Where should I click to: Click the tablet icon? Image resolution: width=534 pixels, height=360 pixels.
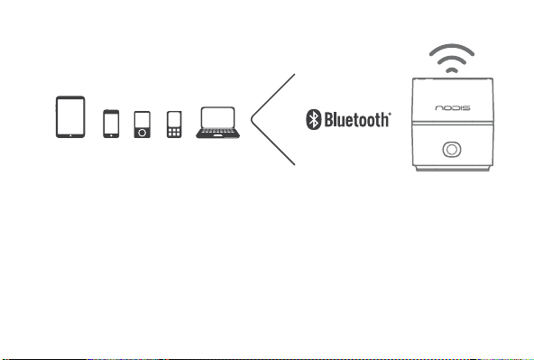point(70,116)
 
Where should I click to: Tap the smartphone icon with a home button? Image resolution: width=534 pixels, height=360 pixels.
point(111,124)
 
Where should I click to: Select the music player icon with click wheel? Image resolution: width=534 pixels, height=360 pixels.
point(142,125)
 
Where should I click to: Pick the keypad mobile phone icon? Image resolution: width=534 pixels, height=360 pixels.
point(174,125)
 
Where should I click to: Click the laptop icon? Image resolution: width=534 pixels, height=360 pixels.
point(218,123)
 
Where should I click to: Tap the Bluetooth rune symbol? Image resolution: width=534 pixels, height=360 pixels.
point(313,119)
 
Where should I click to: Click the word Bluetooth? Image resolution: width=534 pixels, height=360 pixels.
point(356,119)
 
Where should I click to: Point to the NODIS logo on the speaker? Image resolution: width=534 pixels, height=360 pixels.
point(453,108)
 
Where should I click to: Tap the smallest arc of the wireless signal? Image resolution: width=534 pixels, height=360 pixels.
point(452,69)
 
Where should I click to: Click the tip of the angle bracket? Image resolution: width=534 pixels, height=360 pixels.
point(252,119)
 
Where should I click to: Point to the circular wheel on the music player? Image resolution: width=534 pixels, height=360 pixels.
point(142,133)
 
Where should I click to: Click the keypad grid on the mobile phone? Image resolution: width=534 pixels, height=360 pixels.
point(174,132)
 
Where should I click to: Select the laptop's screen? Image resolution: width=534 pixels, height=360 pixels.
point(218,117)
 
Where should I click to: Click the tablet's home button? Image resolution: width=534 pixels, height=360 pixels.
point(70,135)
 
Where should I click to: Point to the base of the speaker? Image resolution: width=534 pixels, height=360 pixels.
point(453,168)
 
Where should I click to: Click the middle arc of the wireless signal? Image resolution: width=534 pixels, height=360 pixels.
point(452,59)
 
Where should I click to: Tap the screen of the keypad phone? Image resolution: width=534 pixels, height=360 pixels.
point(174,119)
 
